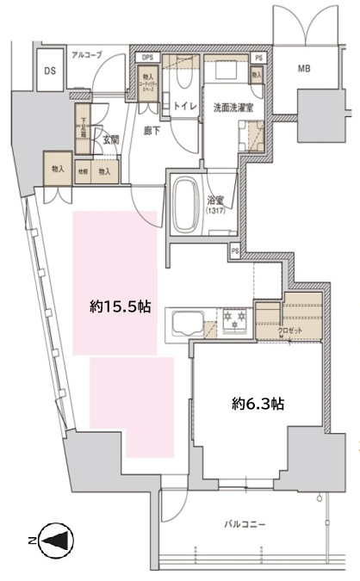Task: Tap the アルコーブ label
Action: tap(87, 55)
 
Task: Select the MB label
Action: tap(305, 68)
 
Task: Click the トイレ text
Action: tap(182, 107)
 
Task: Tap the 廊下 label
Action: tap(152, 132)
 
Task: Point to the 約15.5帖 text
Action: tap(115, 306)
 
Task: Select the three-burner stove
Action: tap(233, 322)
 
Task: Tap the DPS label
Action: tap(147, 58)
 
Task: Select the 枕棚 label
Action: tap(84, 172)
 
